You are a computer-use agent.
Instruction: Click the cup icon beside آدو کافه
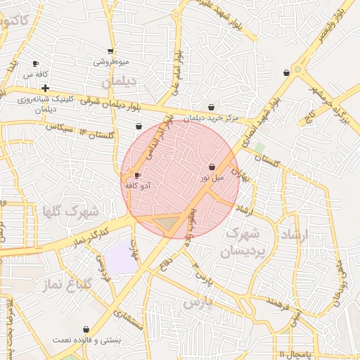[137, 174]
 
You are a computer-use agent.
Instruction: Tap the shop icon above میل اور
[212, 167]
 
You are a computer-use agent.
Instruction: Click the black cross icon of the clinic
[46, 89]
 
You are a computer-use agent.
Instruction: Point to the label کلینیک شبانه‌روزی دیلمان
[41, 104]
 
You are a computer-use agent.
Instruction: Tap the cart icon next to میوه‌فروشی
[110, 51]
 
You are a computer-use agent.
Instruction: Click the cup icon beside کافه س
[36, 63]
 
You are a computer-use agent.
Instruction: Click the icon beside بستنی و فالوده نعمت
[86, 329]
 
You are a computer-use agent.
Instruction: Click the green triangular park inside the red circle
[167, 224]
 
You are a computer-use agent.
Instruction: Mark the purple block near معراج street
[122, 257]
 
